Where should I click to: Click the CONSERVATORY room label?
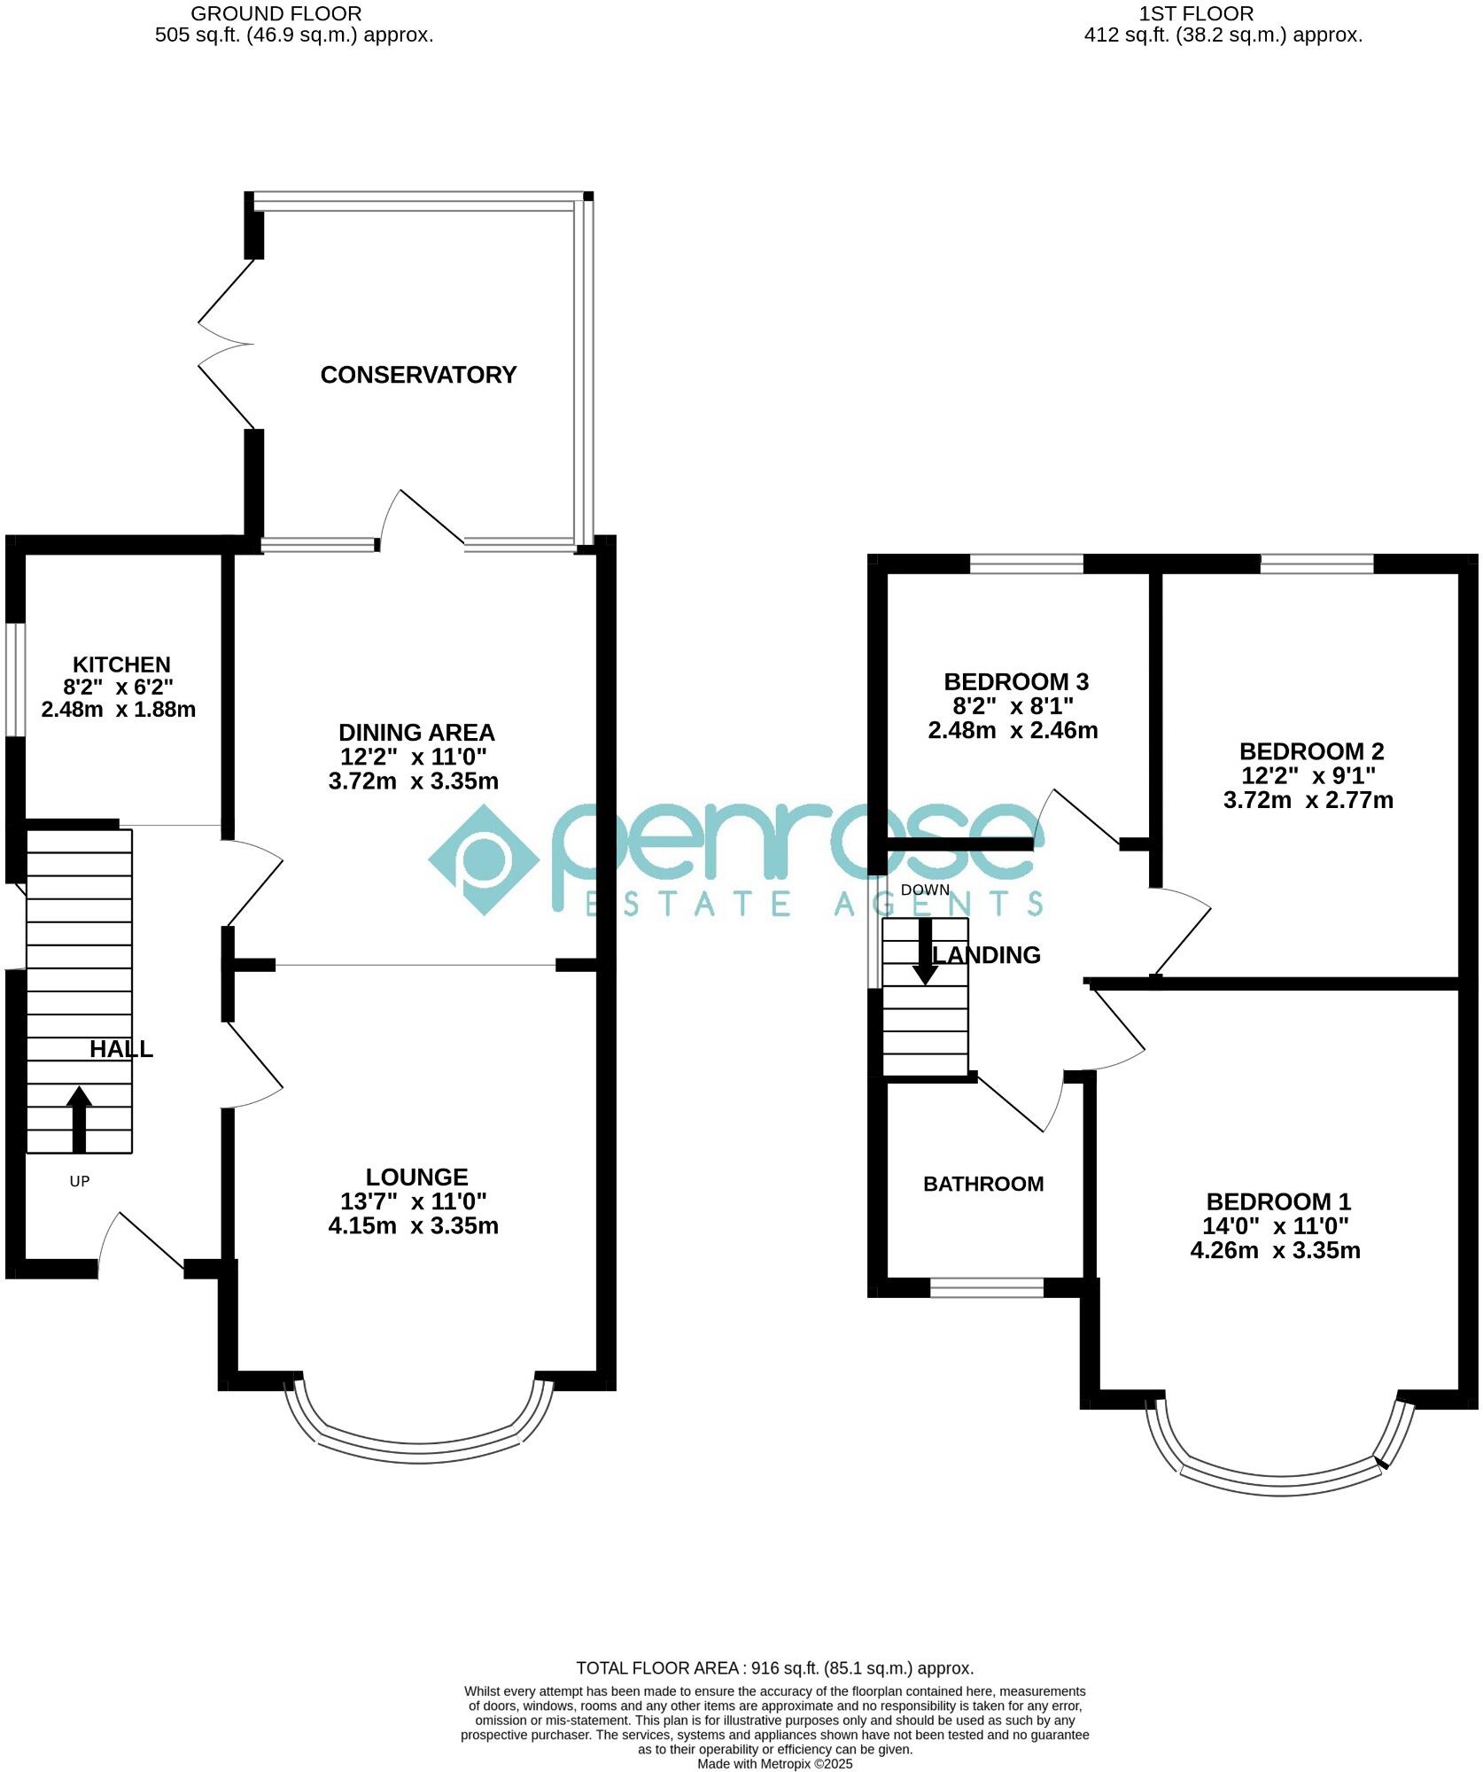[418, 375]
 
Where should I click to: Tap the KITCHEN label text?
[121, 664]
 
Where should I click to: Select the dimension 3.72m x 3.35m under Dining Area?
[413, 781]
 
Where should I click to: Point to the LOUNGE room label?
[416, 1177]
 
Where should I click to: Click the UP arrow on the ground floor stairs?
[80, 1118]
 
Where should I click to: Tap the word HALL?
[121, 1049]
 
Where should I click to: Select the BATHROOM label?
[983, 1184]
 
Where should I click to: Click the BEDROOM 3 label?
[1015, 682]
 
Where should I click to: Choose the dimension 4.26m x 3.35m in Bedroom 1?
[1275, 1250]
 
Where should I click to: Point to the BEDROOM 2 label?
[1311, 751]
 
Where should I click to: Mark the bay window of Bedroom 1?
[1280, 1486]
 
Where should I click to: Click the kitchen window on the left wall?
[15, 680]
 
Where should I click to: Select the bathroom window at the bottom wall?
[987, 1287]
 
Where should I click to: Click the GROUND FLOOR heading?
[276, 14]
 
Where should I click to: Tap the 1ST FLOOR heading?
[1196, 14]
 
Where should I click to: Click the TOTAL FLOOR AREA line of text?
[774, 1668]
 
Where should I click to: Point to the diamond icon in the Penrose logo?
[484, 859]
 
